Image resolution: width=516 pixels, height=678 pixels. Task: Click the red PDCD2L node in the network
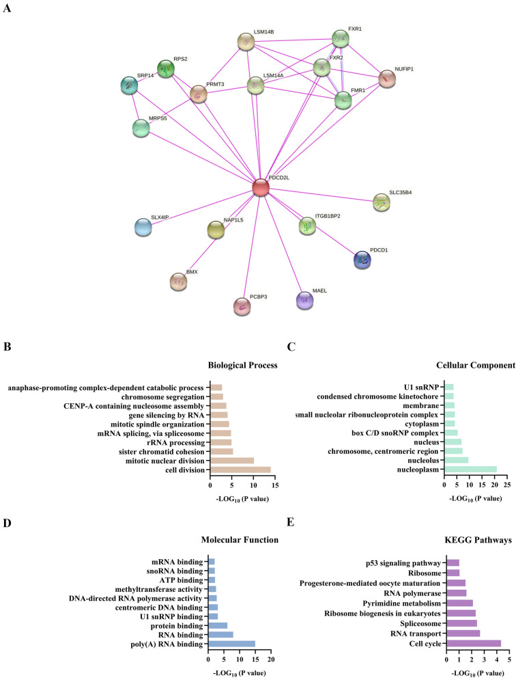(260, 187)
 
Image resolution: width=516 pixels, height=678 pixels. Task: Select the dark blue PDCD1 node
(362, 260)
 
